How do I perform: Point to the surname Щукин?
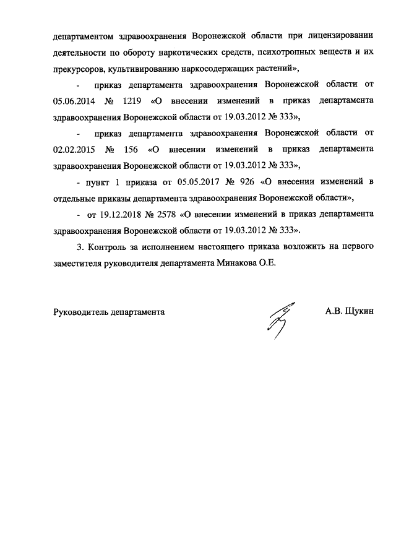(358, 312)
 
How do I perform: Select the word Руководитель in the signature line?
(80, 312)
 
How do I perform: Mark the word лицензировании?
(342, 35)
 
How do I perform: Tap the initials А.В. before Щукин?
(334, 312)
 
